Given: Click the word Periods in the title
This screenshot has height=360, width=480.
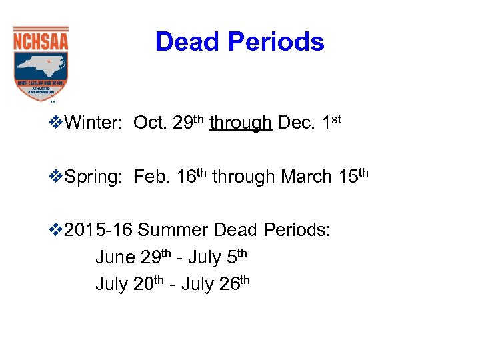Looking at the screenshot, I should coord(275,42).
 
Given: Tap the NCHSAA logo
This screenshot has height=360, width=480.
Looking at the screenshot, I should coord(41,63).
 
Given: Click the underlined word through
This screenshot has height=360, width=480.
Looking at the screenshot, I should coord(240,123).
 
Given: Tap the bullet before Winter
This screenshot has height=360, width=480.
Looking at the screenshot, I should coord(58,123).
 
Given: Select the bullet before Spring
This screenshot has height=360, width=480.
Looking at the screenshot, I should coord(58,177).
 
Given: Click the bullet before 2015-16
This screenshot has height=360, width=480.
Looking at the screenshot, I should coord(58,231).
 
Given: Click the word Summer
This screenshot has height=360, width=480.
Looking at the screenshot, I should coord(175,231).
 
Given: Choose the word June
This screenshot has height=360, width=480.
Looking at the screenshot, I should coord(115,257).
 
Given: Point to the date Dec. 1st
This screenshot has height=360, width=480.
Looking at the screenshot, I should coord(309,123).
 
